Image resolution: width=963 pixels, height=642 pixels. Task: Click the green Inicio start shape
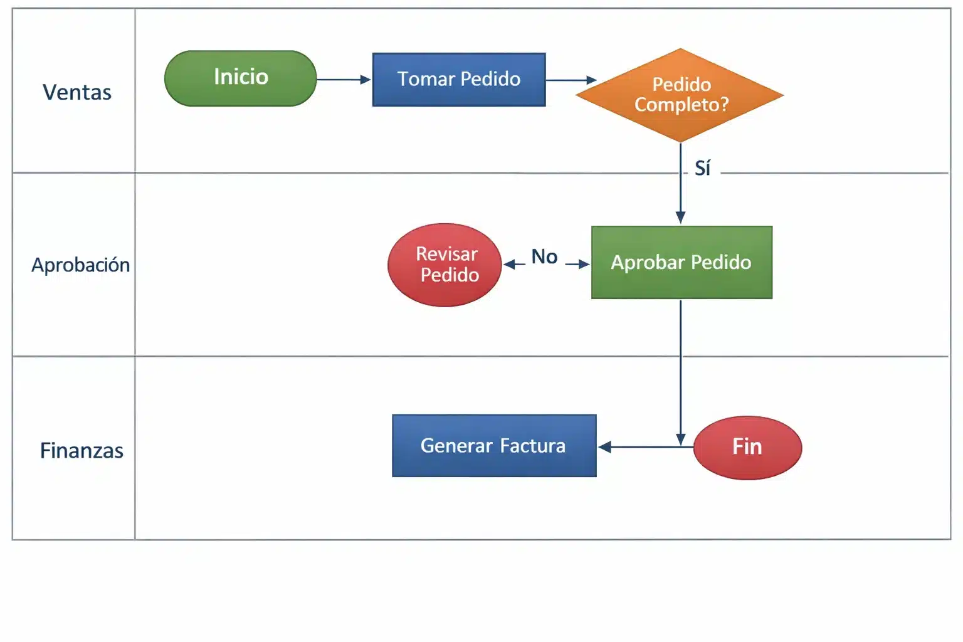[x=241, y=78]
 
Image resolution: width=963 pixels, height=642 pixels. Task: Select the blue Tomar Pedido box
[x=459, y=80]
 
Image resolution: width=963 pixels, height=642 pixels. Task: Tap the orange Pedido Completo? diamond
[x=680, y=95]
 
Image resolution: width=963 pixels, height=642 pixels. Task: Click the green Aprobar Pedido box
[x=681, y=262]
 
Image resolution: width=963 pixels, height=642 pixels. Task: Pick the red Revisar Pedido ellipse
[x=445, y=265]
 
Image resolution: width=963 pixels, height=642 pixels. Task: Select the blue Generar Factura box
[x=494, y=446]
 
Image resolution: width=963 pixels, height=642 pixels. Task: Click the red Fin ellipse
[x=747, y=448]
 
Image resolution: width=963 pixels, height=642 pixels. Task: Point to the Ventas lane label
[x=77, y=92]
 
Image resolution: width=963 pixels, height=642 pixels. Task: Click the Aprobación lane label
[x=80, y=265]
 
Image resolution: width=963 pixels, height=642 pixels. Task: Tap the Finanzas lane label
[x=82, y=450]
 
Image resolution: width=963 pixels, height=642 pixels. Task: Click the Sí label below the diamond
[x=702, y=168]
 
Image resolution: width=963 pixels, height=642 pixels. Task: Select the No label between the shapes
[x=544, y=256]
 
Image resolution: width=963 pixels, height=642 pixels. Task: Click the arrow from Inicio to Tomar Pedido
[x=344, y=80]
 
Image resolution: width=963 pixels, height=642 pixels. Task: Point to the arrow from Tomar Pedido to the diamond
[x=571, y=80]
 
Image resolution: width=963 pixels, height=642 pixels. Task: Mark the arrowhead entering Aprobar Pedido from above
[x=680, y=218]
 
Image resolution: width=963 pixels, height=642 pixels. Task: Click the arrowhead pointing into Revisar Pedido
[x=510, y=265]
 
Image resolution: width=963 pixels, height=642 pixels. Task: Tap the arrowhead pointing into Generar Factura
[x=605, y=447]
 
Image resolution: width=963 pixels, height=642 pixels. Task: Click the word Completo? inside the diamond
[x=681, y=105]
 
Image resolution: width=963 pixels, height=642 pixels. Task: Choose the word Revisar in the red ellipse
[x=446, y=254]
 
